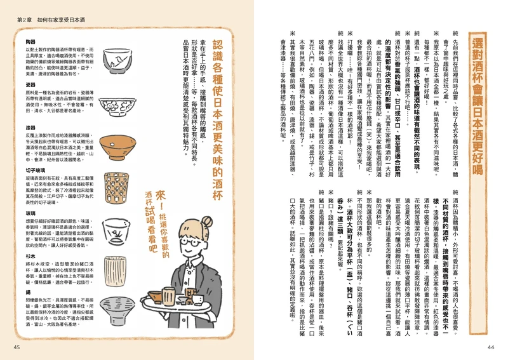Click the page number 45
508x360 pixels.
click(17, 347)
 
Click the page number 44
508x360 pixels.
click(490, 347)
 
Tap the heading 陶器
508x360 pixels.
click(30, 39)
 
